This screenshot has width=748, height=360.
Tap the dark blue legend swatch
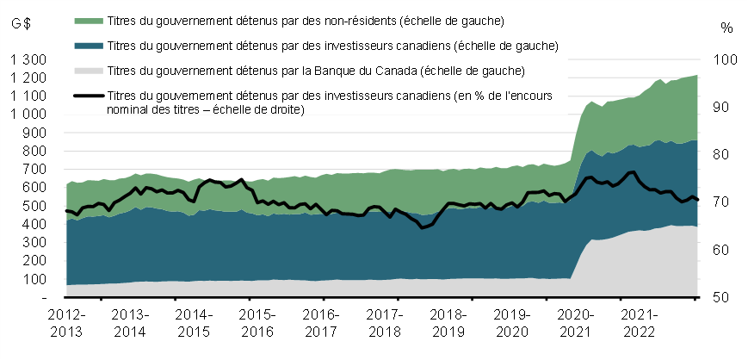(89, 45)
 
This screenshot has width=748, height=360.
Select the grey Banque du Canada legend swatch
(89, 70)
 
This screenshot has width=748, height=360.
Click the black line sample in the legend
(89, 96)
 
